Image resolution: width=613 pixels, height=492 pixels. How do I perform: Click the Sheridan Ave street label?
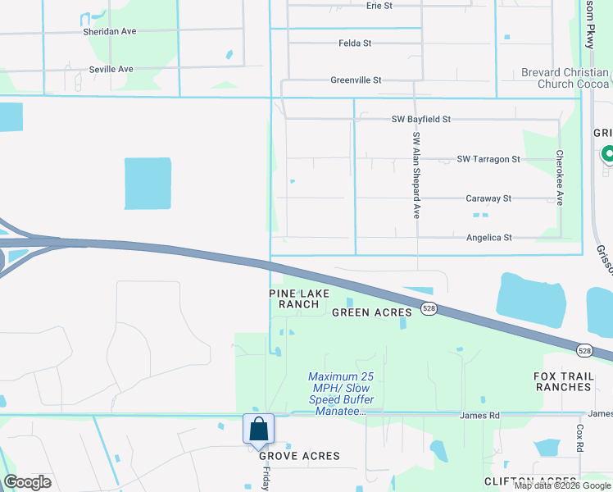coord(109,31)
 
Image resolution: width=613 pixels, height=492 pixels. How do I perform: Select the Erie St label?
coord(379,6)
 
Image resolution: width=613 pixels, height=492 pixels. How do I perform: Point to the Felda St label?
coord(356,43)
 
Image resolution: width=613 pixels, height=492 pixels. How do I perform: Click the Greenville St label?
coord(356,80)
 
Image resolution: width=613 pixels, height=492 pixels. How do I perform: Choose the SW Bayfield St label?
coord(420,119)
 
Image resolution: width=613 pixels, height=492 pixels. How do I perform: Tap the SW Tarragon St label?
coord(488,158)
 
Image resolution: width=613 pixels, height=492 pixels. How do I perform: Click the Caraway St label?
coord(488,198)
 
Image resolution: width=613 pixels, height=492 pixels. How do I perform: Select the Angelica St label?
coord(488,238)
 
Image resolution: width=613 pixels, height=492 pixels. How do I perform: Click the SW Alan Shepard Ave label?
coord(416,175)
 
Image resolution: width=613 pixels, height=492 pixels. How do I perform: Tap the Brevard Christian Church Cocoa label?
coord(565,78)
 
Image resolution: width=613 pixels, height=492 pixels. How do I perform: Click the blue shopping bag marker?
coord(258,430)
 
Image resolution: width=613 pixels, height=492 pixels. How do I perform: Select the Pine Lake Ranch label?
coord(299,298)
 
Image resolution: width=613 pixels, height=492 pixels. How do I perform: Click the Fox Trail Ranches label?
coord(562,381)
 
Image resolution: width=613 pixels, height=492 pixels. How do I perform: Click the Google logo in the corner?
coord(27,482)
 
